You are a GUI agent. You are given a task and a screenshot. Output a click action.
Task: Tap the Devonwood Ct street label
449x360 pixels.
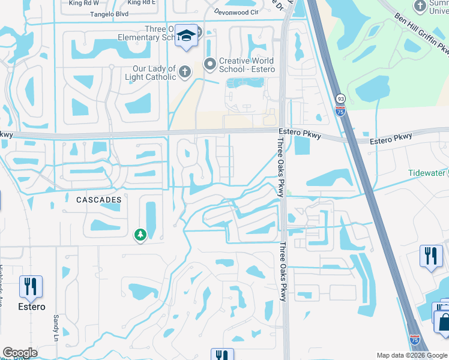coord(237,11)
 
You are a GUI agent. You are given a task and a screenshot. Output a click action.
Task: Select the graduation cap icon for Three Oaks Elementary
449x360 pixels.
coord(187,37)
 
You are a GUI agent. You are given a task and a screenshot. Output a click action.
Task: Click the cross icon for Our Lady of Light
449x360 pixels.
coord(185,72)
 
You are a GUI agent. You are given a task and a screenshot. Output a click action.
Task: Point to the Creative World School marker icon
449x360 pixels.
coord(210,63)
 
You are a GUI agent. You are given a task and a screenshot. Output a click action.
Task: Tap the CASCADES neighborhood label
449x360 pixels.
coord(99,199)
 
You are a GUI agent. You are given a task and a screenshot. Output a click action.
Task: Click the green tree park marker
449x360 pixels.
coord(140,235)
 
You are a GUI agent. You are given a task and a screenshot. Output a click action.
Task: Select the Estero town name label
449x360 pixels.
coord(31,307)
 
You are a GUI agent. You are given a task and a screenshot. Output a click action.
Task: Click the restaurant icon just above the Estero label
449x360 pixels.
coord(31,287)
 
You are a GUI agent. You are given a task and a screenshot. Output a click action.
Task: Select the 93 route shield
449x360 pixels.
coord(340,98)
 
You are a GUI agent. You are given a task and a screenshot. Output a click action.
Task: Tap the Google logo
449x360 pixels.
coord(20,353)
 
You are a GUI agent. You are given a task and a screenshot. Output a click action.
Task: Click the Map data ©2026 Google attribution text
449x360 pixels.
coord(411,355)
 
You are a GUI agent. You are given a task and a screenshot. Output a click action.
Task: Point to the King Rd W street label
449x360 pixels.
coord(83,3)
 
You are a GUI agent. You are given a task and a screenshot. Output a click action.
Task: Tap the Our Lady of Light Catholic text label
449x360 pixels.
coord(150,73)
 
